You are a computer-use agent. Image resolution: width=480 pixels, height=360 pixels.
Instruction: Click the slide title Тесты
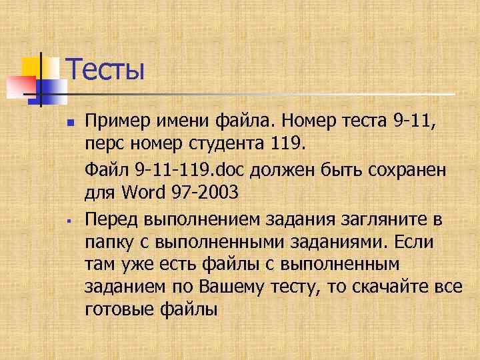[x=105, y=69]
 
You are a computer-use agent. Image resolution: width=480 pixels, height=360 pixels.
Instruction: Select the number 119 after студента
[x=289, y=143]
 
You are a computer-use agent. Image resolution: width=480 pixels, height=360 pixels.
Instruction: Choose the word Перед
[x=111, y=219]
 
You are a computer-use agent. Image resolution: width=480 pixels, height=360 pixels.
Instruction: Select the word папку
[x=109, y=242]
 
